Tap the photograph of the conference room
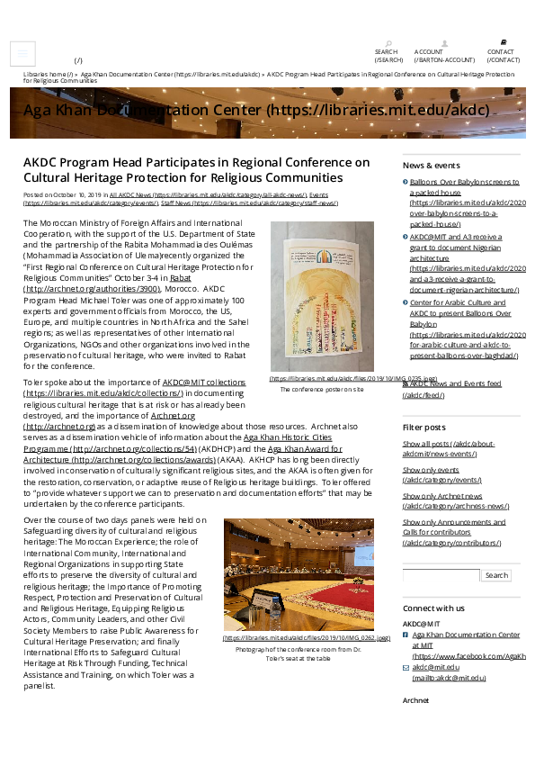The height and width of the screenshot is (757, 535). tap(299, 573)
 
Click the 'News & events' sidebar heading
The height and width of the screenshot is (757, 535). tap(431, 166)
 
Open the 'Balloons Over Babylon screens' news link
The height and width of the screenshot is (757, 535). tap(463, 182)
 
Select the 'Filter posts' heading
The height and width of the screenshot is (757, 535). tap(424, 426)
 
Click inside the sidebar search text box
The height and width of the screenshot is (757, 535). tap(441, 575)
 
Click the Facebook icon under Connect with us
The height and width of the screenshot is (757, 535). tap(406, 635)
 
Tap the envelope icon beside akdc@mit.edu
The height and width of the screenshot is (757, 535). tap(406, 668)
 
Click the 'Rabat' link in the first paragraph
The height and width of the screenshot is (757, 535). tap(180, 279)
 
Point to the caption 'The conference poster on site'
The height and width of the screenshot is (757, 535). tap(321, 390)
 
